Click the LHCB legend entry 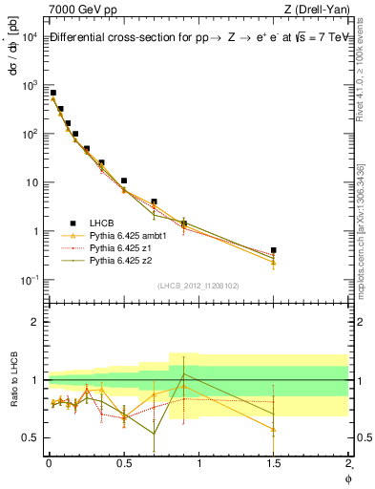pos(102,221)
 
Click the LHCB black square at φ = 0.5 pos(124,181)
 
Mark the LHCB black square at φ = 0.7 pos(154,202)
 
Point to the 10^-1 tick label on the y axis pos(29,280)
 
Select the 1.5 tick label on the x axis pos(274,463)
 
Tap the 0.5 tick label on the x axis pos(124,463)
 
